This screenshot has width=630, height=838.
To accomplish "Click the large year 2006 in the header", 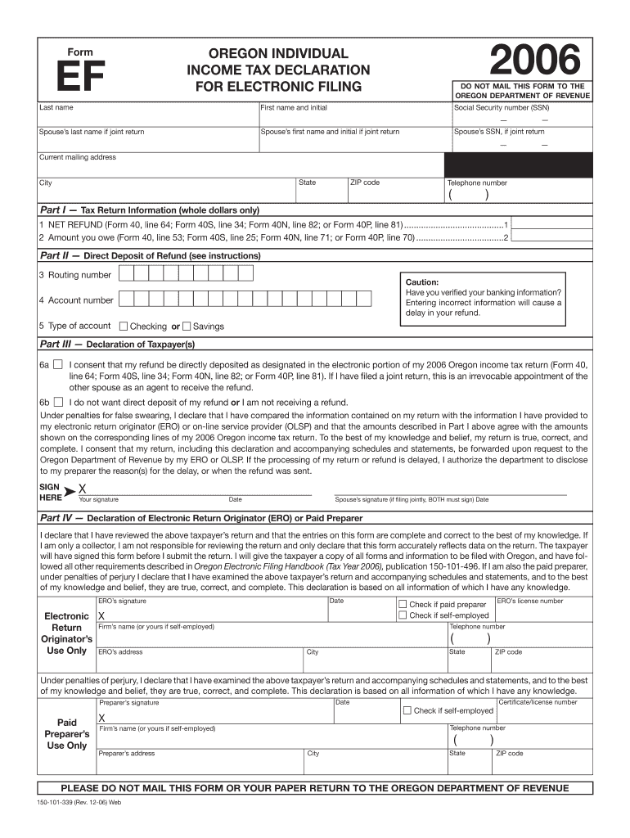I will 534,62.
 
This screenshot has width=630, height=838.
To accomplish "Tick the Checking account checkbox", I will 124,326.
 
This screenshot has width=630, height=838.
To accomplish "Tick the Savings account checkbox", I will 187,326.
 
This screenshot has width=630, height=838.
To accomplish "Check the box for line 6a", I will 58,364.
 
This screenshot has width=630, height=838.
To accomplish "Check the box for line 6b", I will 58,402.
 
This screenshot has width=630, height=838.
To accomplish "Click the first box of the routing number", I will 139,274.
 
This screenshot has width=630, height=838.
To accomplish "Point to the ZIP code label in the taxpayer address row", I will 365,182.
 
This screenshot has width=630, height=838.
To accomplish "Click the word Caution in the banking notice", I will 422,282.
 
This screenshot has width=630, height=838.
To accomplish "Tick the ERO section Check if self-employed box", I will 402,615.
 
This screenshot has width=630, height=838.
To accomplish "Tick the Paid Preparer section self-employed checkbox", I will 407,710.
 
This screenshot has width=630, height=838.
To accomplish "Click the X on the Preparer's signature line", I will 101,717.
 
